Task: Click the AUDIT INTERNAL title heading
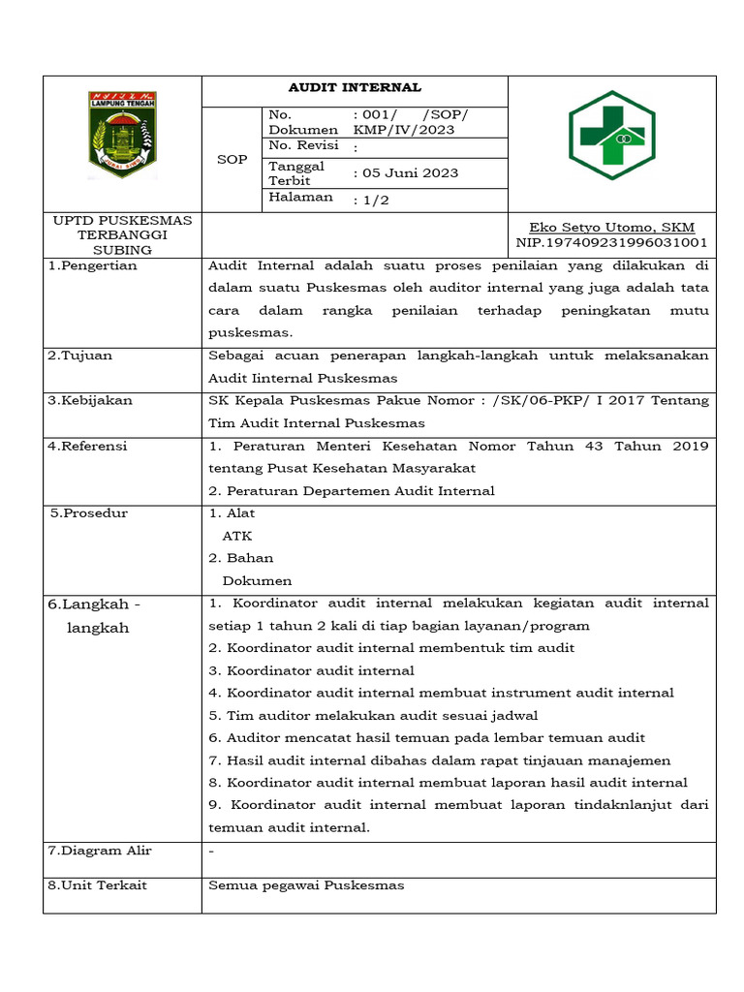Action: (x=354, y=88)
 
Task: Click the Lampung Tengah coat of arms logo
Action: (x=122, y=136)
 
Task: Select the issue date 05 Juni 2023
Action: (x=406, y=173)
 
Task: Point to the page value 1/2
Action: (x=371, y=200)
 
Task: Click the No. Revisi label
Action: (x=303, y=145)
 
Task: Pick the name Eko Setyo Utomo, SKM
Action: (x=611, y=227)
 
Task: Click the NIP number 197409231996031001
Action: (x=611, y=242)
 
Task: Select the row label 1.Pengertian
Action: (x=93, y=265)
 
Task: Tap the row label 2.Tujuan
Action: (x=80, y=356)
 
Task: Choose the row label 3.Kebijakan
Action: (x=90, y=400)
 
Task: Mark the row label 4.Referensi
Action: (x=88, y=447)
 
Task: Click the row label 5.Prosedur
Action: (x=89, y=512)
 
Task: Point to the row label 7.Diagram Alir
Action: (x=100, y=851)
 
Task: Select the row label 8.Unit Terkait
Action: (x=98, y=885)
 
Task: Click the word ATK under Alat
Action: (x=237, y=535)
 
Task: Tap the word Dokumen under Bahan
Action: (x=257, y=581)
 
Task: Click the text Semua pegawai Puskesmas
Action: (x=306, y=885)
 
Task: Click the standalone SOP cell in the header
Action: (x=232, y=159)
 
